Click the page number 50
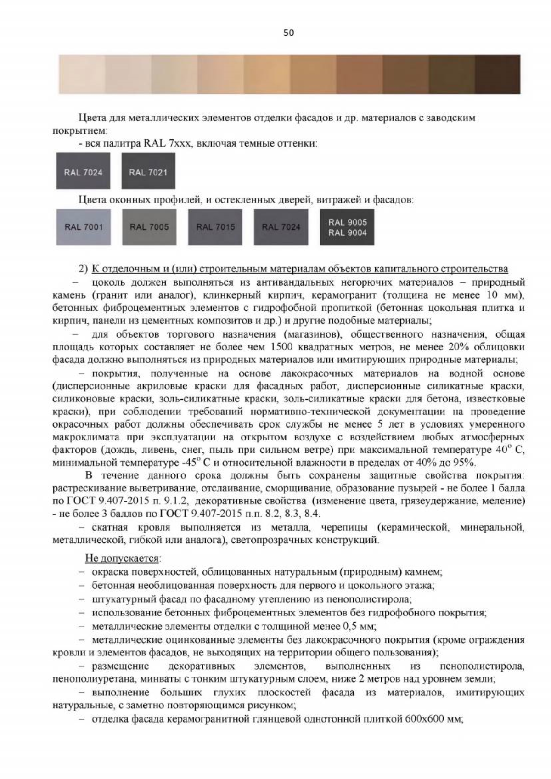(288, 33)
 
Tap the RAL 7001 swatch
(84, 227)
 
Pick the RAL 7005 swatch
(149, 227)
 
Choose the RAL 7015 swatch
(215, 227)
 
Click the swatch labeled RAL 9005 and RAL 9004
(347, 227)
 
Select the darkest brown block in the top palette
(498, 74)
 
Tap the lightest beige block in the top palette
(82, 74)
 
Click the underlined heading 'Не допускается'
(123, 558)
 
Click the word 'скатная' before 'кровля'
(110, 527)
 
